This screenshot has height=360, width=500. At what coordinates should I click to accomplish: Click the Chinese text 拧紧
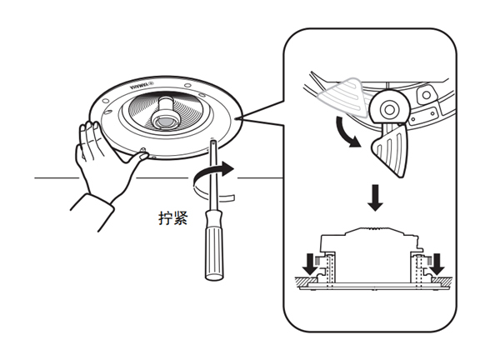click(172, 218)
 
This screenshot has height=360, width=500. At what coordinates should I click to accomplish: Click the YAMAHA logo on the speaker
click(142, 86)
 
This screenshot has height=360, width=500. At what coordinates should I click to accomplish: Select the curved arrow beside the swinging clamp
click(347, 133)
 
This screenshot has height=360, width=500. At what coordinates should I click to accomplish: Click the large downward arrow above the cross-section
click(375, 197)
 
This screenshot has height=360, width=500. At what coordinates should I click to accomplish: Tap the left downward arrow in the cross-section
click(310, 264)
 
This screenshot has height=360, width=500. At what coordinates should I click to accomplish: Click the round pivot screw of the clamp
click(388, 109)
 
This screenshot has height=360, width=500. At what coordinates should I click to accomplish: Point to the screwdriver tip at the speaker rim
click(213, 140)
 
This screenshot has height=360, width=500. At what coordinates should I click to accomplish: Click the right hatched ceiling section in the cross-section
click(442, 281)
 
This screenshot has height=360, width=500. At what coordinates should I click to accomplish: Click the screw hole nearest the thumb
click(143, 149)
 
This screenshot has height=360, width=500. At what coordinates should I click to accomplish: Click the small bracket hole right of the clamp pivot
click(426, 95)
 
